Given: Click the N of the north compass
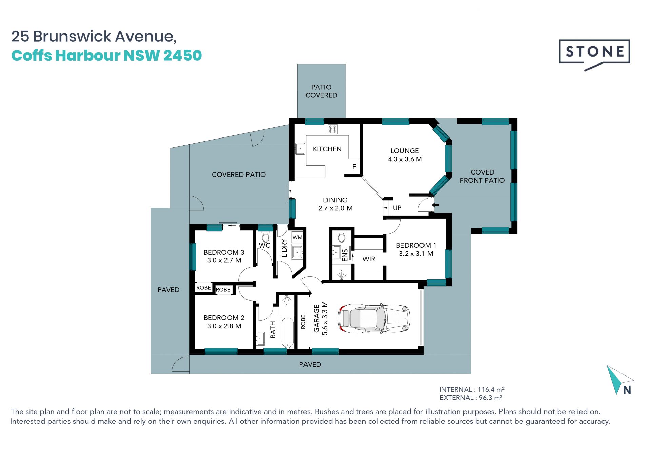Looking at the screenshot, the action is (x=627, y=390).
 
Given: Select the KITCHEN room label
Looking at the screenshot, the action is (x=327, y=149).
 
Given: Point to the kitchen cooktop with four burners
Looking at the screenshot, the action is (x=333, y=129).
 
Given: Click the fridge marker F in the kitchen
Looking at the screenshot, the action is (x=354, y=167).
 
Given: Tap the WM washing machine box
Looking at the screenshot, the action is (x=297, y=237).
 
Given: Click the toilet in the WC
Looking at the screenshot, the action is (x=266, y=237).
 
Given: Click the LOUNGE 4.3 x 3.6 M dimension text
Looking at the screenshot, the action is (x=405, y=159).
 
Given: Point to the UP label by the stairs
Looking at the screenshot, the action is (x=397, y=208).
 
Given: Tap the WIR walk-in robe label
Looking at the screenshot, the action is (x=369, y=259).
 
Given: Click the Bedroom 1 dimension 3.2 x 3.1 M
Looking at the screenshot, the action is (x=416, y=254).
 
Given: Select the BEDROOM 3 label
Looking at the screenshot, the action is (x=224, y=252).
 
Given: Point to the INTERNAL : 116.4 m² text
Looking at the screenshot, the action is (x=472, y=389).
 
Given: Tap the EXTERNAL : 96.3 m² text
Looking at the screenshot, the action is (x=471, y=398).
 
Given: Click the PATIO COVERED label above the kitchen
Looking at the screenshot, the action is (x=321, y=91).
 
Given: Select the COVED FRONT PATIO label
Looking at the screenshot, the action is (x=482, y=176).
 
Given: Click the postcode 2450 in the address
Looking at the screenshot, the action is (x=182, y=56).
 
